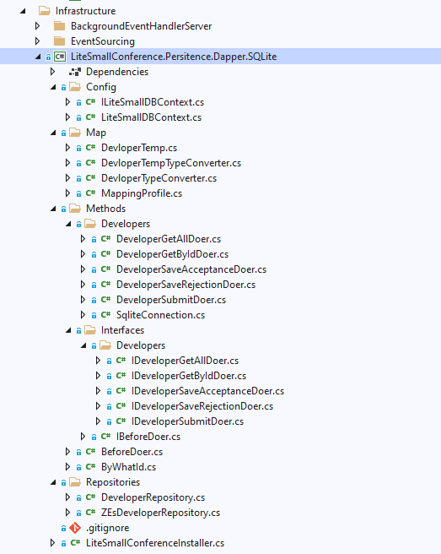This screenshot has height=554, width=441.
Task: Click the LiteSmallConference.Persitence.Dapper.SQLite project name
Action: coord(174,57)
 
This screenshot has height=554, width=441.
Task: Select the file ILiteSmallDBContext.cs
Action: coord(153,102)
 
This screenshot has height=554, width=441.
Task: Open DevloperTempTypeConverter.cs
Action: coord(171,163)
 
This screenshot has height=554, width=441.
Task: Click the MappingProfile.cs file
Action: coord(142,193)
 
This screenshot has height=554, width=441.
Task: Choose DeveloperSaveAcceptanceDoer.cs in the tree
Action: coord(191,269)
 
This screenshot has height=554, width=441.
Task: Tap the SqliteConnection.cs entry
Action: coord(160,315)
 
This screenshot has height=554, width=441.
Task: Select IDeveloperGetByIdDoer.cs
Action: coord(189,376)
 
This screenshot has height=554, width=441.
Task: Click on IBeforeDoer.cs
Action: coord(148,437)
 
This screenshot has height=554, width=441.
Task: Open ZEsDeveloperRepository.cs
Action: coord(160,513)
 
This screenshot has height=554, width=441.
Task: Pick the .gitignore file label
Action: coord(108,528)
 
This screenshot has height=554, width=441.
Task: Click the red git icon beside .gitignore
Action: coord(75,528)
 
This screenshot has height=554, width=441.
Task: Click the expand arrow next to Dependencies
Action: coord(52,72)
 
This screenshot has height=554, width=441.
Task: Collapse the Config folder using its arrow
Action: coord(53,87)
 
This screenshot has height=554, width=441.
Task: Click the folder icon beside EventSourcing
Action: coord(59,41)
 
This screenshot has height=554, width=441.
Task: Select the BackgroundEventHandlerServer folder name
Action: coord(141,26)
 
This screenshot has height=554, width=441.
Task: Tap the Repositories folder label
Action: coord(113,482)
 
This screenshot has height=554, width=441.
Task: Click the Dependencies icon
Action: coord(75,72)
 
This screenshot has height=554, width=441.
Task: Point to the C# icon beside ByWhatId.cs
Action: coord(91,467)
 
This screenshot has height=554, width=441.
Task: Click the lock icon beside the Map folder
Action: coord(63,133)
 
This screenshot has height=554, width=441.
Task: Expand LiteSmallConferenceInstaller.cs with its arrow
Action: coord(52,543)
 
